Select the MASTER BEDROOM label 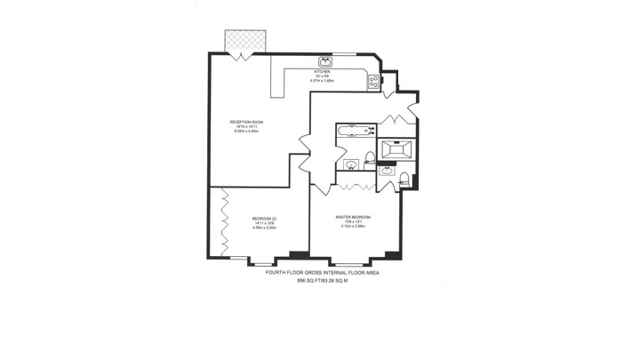click(x=353, y=218)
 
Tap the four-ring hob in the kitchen click(x=374, y=81)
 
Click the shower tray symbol click(x=394, y=148)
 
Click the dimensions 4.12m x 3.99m click(x=353, y=227)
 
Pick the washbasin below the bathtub click(x=350, y=165)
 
